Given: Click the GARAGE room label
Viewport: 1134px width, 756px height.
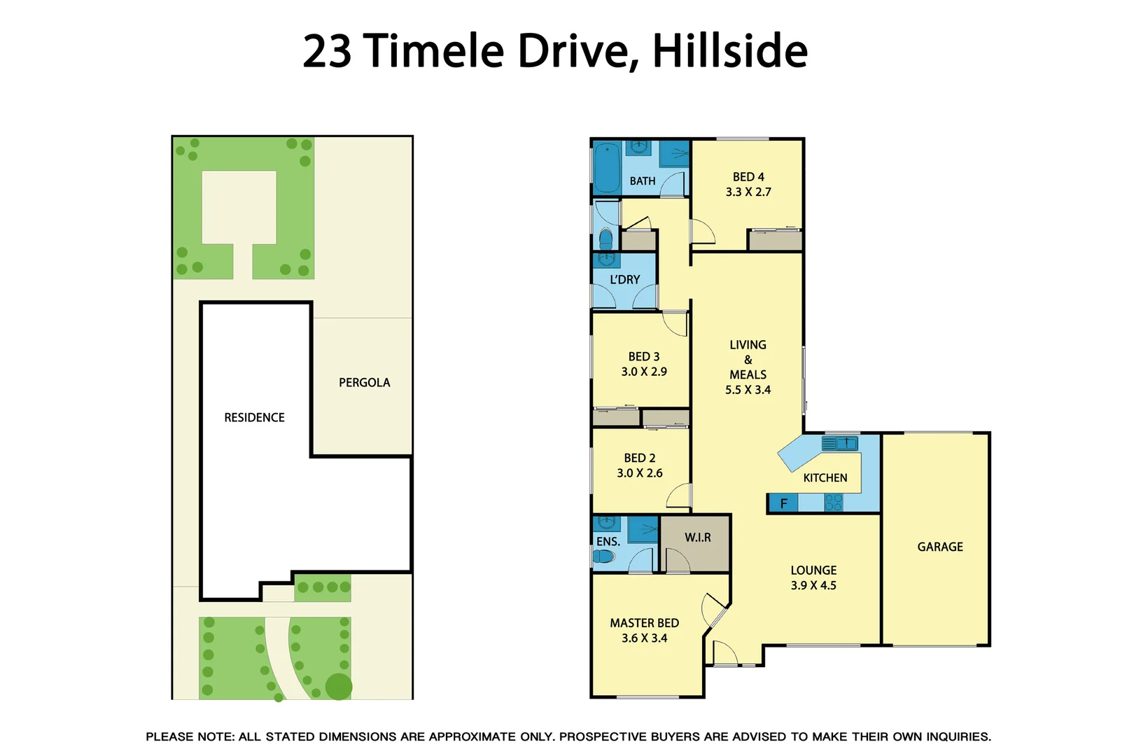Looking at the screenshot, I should pyautogui.click(x=939, y=547).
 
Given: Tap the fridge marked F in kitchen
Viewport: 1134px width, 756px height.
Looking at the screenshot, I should pyautogui.click(x=783, y=503).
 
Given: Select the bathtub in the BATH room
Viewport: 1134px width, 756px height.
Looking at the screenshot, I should pyautogui.click(x=607, y=168).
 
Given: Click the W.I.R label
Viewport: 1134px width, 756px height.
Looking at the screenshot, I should pyautogui.click(x=697, y=538).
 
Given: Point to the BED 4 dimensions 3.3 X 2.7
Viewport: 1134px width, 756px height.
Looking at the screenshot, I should pyautogui.click(x=748, y=192).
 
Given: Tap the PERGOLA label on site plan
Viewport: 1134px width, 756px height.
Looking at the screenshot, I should pyautogui.click(x=364, y=382).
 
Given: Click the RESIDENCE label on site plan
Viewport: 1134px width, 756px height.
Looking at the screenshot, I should pyautogui.click(x=254, y=417).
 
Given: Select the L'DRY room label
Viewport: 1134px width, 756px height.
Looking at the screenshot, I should pyautogui.click(x=624, y=279).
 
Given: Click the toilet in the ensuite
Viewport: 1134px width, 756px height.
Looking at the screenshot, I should pyautogui.click(x=603, y=556).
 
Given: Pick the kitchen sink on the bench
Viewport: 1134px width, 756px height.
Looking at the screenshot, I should pyautogui.click(x=839, y=443).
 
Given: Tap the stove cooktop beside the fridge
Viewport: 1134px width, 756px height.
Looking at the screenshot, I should pyautogui.click(x=833, y=502).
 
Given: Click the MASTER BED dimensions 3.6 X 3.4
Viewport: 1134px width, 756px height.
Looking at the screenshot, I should pyautogui.click(x=644, y=638).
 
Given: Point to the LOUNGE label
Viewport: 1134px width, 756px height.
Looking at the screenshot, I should pyautogui.click(x=813, y=570).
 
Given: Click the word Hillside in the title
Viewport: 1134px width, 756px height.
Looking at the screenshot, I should pyautogui.click(x=729, y=50).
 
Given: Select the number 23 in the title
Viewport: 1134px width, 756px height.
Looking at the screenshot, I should pyautogui.click(x=327, y=50).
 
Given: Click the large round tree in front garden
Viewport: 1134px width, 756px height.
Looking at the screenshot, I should pyautogui.click(x=339, y=687).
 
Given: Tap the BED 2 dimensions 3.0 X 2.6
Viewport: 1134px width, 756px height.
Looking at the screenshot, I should pyautogui.click(x=639, y=473).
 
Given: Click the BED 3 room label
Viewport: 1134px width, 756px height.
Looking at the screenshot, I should pyautogui.click(x=643, y=357).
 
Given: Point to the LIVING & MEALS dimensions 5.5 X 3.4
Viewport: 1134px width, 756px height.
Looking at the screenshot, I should pyautogui.click(x=748, y=390).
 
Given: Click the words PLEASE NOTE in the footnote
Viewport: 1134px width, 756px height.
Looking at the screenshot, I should pyautogui.click(x=189, y=736).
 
